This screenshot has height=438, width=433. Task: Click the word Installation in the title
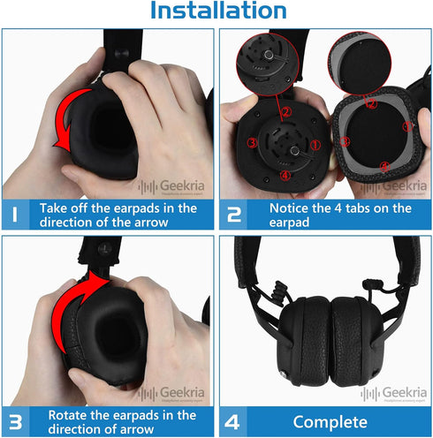coord(217,11)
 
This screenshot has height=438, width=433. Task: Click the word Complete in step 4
coord(330,420)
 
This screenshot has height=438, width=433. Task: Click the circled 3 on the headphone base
coord(252,142)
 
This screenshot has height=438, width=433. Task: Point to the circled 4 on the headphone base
coord(285,175)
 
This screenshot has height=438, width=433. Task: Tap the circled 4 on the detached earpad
coord(383,165)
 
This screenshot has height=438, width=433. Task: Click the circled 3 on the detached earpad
coord(346,141)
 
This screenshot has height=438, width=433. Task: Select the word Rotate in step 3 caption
coord(67,413)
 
